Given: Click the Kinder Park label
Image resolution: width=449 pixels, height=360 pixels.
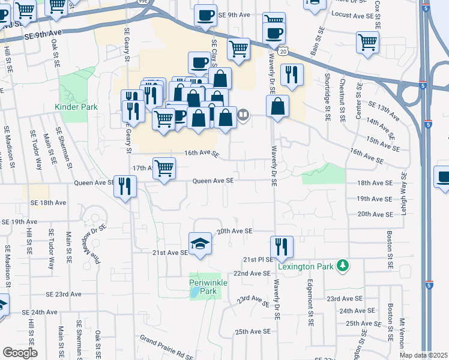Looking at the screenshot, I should pos(76,107).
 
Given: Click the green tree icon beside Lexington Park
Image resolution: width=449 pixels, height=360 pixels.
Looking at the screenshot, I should pos(343,265).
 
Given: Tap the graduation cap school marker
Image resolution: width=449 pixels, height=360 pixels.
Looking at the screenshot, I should pos(200,243).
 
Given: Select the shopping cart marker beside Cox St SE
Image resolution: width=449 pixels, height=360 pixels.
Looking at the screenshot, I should pos(367,42).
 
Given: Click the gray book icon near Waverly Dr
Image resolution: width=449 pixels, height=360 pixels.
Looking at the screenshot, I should pos(243,114).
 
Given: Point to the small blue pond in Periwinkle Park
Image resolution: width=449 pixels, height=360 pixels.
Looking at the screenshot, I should pos(196,294).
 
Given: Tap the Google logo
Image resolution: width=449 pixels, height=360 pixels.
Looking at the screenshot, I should pos(20,353).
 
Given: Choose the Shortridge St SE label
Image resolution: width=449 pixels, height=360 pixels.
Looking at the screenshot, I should pos(328,96).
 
